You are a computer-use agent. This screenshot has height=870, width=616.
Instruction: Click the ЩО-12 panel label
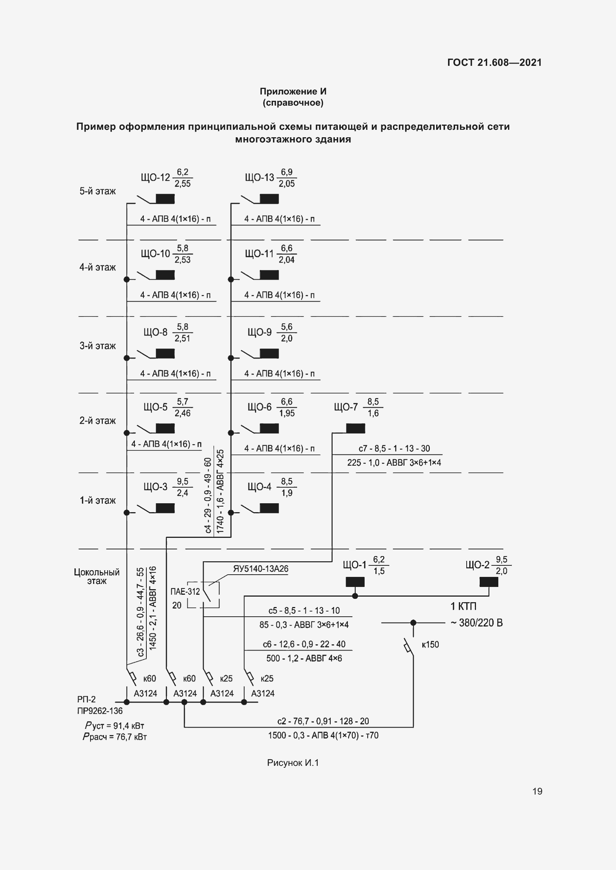pyautogui.click(x=155, y=178)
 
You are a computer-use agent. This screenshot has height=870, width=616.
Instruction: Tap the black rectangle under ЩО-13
pyautogui.click(x=269, y=199)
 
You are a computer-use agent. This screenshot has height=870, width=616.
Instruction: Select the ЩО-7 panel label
pyautogui.click(x=346, y=407)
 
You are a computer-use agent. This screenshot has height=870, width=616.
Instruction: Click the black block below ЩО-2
pyautogui.click(x=489, y=582)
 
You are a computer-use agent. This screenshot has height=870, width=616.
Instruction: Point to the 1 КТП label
pyautogui.click(x=463, y=606)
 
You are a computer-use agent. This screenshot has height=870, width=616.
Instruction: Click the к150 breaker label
pyautogui.click(x=430, y=645)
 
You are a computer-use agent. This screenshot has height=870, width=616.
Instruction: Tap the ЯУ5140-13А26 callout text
pyautogui.click(x=261, y=569)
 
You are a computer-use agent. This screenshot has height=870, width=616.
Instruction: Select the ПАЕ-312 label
pyautogui.click(x=185, y=591)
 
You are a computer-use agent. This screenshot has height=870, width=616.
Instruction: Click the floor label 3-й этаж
pyautogui.click(x=98, y=346)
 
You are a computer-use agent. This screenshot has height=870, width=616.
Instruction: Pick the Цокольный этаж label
pyautogui.click(x=97, y=576)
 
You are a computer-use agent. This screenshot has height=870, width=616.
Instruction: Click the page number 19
pyautogui.click(x=537, y=791)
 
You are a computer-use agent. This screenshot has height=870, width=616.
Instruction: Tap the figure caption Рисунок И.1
pyautogui.click(x=293, y=763)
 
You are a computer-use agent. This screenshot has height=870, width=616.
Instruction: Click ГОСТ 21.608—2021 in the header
pyautogui.click(x=494, y=62)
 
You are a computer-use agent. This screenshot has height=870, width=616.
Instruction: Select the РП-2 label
pyautogui.click(x=86, y=700)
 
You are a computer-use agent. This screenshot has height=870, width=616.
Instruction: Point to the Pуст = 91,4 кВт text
pyautogui.click(x=115, y=726)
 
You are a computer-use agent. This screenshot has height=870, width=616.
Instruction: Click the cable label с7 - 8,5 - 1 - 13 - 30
pyautogui.click(x=394, y=449)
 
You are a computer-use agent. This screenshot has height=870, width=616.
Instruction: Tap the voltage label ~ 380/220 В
pyautogui.click(x=477, y=623)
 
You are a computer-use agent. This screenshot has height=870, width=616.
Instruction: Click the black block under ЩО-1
pyautogui.click(x=355, y=582)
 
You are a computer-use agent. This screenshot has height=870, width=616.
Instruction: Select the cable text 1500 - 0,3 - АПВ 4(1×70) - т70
pyautogui.click(x=323, y=735)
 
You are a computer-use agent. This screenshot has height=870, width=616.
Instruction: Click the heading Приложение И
pyautogui.click(x=293, y=92)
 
